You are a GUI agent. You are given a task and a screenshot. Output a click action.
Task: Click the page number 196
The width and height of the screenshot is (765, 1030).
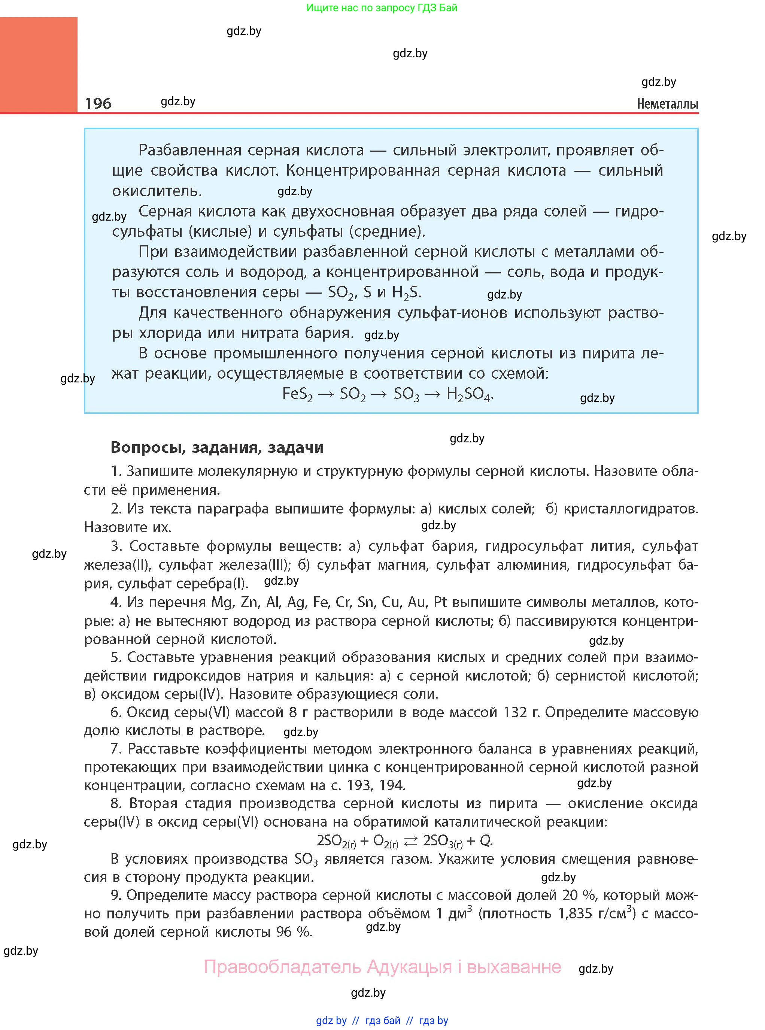pos(98,103)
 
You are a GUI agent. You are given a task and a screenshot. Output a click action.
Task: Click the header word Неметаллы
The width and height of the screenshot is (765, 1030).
pos(667,104)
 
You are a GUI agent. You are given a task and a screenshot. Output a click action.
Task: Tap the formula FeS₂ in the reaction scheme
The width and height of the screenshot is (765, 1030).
pos(297,394)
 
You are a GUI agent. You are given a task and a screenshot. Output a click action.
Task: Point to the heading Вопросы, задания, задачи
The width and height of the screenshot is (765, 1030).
pos(217,447)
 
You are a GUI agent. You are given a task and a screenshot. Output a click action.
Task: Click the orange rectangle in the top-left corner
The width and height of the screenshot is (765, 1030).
pos(39,65)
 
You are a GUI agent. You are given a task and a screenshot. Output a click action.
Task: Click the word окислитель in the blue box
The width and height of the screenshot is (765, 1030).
pos(157,191)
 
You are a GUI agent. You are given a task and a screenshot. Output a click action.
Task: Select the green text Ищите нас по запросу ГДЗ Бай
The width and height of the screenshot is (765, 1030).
pos(382,8)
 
